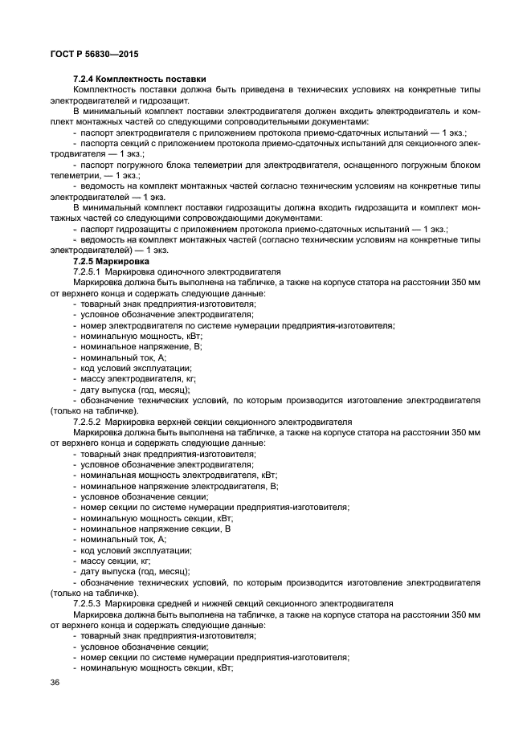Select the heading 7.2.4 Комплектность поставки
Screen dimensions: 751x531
[140, 78]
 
